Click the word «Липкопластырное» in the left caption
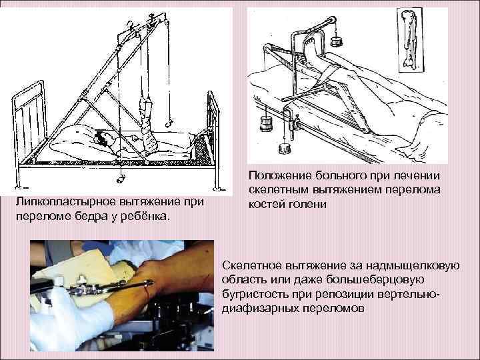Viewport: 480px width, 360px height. click(59, 202)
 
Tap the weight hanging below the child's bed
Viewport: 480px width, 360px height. click(121, 179)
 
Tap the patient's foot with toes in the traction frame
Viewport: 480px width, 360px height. click(309, 52)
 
